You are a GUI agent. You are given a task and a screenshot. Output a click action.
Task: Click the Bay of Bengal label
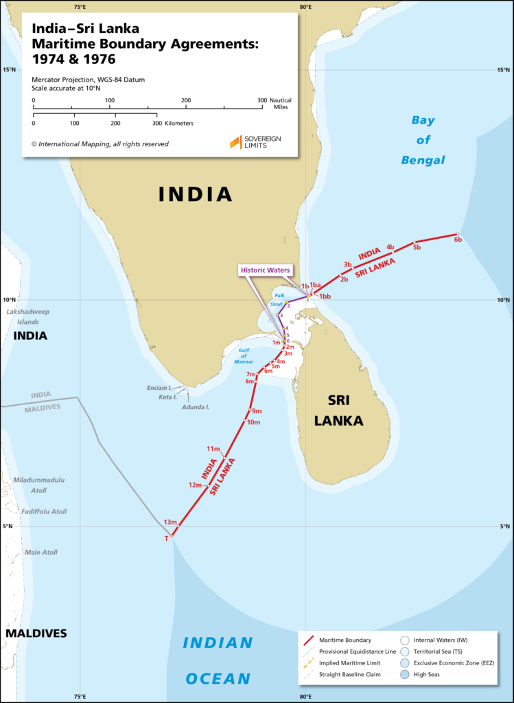(x=428, y=140)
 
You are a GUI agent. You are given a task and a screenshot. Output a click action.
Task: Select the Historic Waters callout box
(x=265, y=270)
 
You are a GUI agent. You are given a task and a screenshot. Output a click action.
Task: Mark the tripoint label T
(x=166, y=539)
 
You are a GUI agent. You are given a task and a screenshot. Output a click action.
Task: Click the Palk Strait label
(x=279, y=299)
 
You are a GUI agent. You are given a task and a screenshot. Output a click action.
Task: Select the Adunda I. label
(x=194, y=407)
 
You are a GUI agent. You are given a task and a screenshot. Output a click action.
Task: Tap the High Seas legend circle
(x=404, y=674)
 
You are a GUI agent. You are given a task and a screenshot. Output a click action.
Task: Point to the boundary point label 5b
(x=417, y=247)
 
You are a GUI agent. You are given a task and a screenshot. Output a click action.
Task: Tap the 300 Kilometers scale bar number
(x=156, y=124)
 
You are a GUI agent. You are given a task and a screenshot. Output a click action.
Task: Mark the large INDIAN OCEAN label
(x=218, y=661)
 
